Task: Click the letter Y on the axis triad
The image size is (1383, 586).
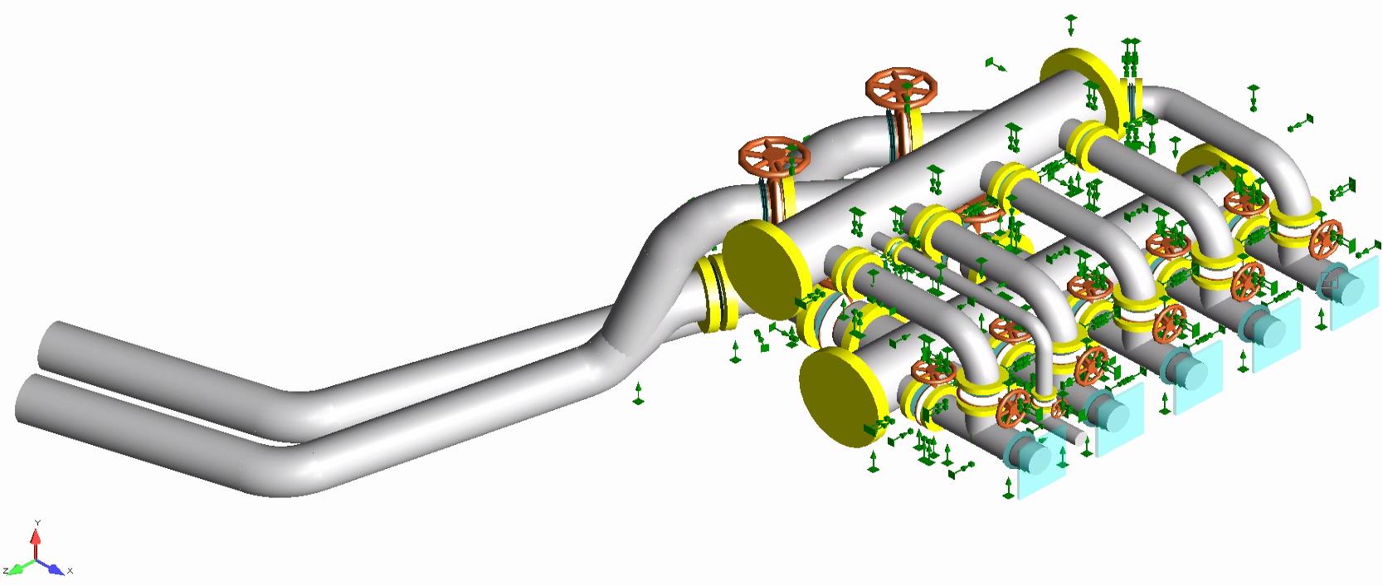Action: [x=37, y=523]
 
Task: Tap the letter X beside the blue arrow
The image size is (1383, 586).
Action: [x=71, y=570]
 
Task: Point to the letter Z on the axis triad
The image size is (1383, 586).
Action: [x=5, y=570]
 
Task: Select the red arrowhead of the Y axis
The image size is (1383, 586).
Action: [x=37, y=536]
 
